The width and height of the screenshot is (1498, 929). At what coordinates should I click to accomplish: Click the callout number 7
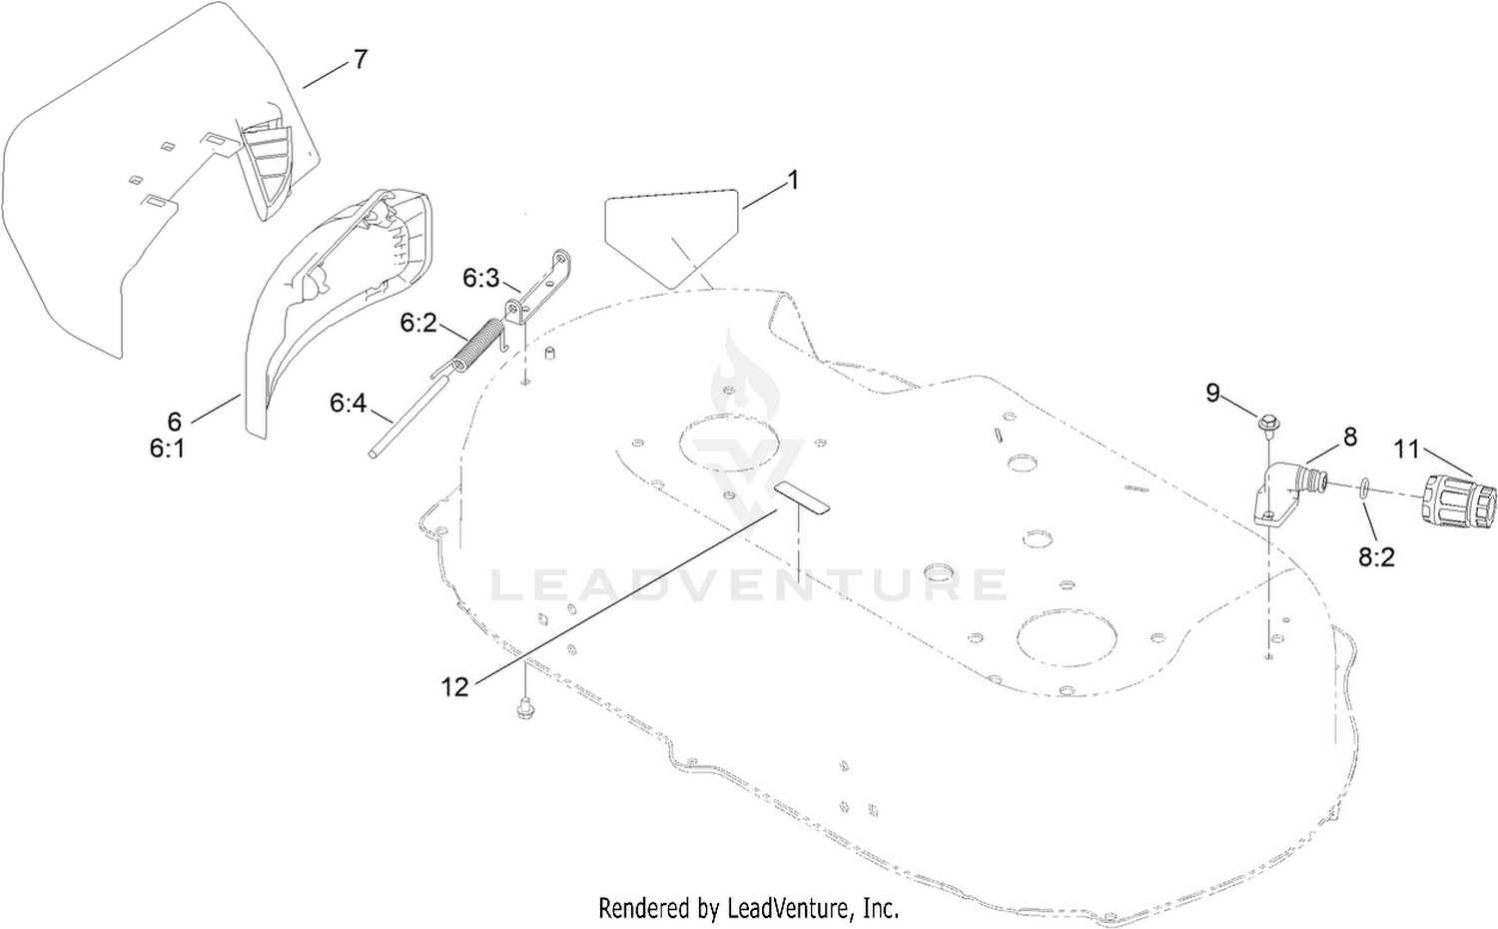pyautogui.click(x=361, y=60)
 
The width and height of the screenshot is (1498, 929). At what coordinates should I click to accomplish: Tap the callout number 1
pyautogui.click(x=793, y=180)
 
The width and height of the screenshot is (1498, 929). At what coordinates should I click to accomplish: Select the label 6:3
pyautogui.click(x=480, y=279)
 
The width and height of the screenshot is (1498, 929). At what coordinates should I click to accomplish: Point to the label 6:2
pyautogui.click(x=418, y=323)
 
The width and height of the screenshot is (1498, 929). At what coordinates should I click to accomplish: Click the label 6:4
pyautogui.click(x=349, y=404)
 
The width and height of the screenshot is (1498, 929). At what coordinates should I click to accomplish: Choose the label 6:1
pyautogui.click(x=167, y=449)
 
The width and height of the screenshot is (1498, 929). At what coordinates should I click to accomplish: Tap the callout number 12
pyautogui.click(x=454, y=687)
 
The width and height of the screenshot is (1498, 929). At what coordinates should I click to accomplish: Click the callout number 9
pyautogui.click(x=1213, y=393)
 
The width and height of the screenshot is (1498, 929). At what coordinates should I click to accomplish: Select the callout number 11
pyautogui.click(x=1406, y=449)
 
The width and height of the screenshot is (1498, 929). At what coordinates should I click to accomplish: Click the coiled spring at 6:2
pyautogui.click(x=475, y=347)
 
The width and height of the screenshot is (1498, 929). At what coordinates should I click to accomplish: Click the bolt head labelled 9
pyautogui.click(x=1266, y=423)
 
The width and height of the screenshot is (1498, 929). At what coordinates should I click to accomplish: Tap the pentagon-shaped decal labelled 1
pyautogui.click(x=671, y=238)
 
